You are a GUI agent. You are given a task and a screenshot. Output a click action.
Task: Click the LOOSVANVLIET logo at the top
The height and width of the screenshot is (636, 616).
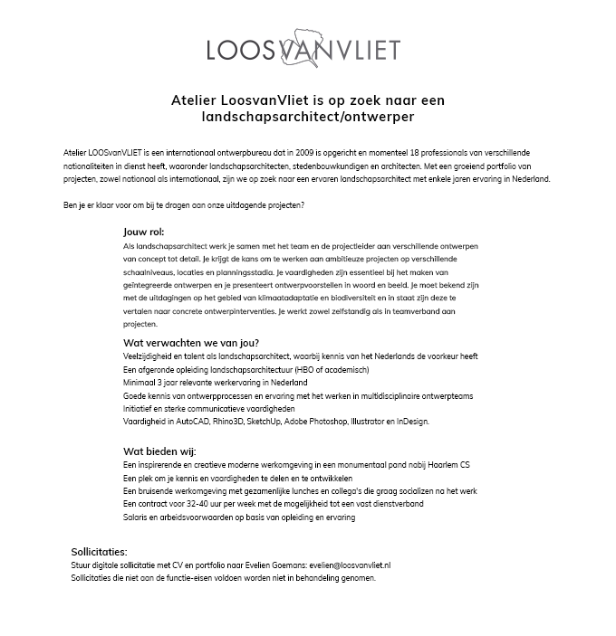303,48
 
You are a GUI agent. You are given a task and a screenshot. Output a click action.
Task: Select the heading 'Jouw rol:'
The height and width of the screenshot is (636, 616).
144,233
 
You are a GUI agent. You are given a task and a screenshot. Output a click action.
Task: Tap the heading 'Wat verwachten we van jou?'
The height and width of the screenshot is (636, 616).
191,343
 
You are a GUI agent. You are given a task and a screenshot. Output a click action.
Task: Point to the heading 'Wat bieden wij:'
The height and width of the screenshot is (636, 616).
159,451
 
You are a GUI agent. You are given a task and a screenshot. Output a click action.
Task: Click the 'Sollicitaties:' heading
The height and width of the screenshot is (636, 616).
99,551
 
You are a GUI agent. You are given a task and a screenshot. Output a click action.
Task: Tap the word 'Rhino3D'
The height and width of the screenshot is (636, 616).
230,422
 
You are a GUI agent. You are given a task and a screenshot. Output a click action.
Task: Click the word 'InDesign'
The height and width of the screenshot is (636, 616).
409,422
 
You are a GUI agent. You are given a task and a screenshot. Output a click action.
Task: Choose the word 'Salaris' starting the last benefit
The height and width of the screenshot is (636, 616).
137,517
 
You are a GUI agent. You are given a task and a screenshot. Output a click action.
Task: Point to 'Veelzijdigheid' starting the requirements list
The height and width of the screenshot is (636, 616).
148,356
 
